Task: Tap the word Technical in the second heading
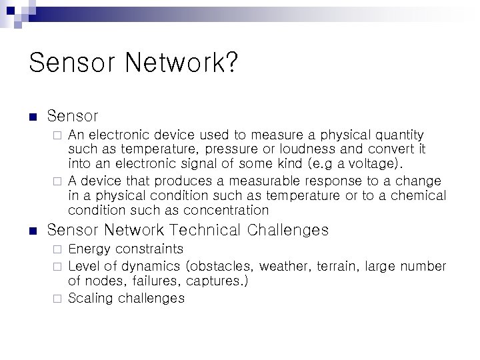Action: coord(207,231)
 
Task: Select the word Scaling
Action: coord(91,298)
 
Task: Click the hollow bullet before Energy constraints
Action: coord(57,250)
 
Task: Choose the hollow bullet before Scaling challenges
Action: coord(57,298)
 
